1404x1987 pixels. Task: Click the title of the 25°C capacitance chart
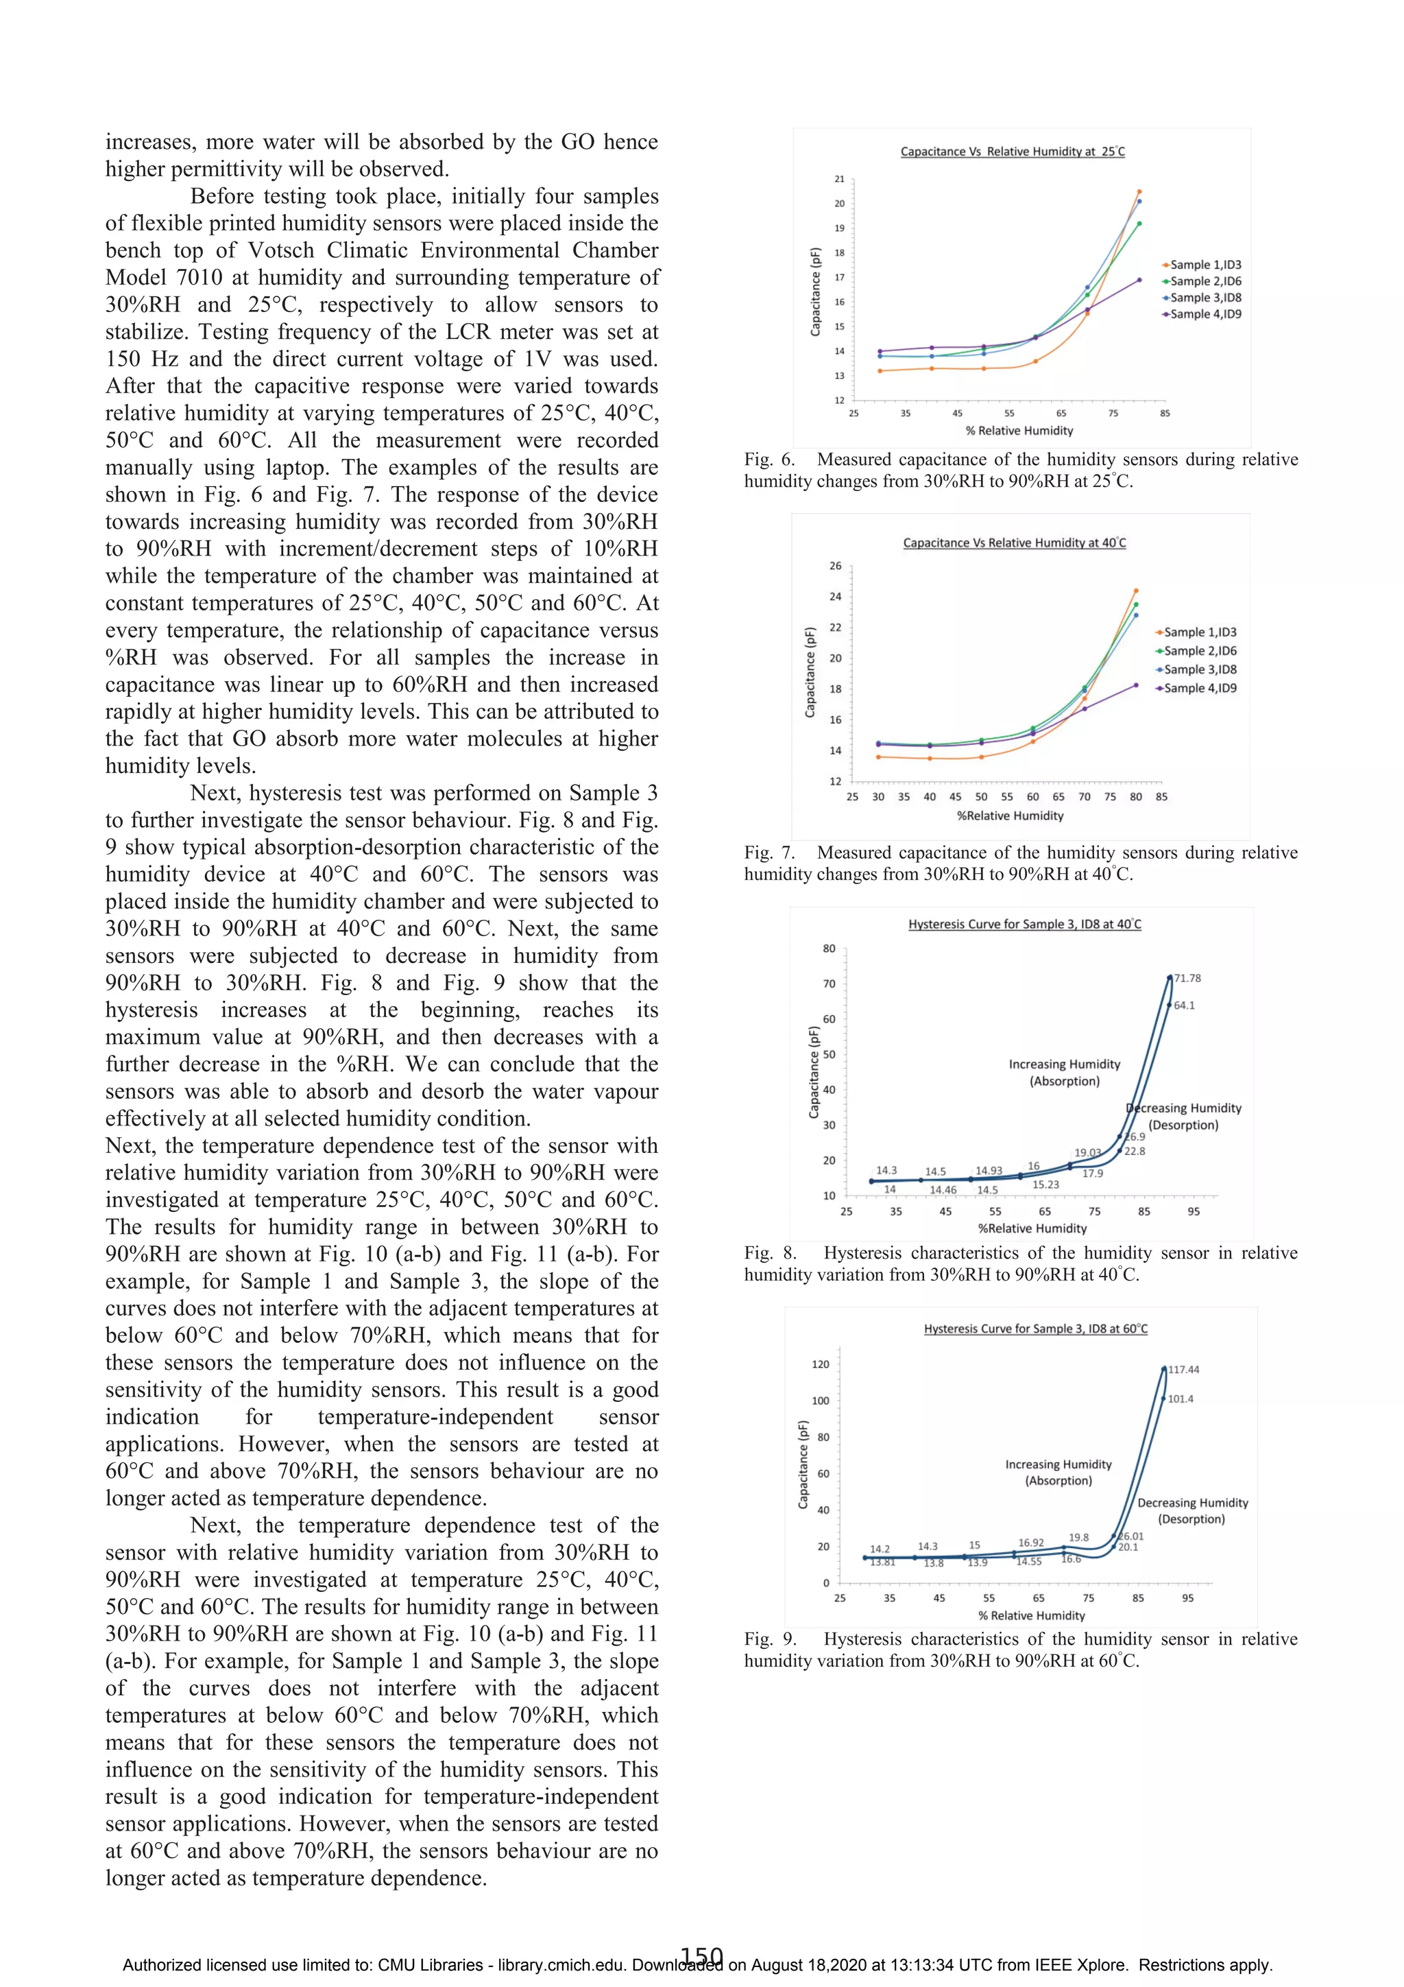(1012, 152)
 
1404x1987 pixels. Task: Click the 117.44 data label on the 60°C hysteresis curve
(1183, 1369)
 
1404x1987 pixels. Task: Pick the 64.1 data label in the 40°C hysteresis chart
(1183, 1005)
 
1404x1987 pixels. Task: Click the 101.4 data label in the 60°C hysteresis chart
(1180, 1399)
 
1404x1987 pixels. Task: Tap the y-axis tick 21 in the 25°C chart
(839, 179)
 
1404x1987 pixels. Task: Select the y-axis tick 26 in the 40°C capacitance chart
(835, 565)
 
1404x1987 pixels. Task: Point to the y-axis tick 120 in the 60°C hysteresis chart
(820, 1364)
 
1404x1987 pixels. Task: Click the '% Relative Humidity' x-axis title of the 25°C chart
(1019, 430)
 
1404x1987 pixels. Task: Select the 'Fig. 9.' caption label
(770, 1639)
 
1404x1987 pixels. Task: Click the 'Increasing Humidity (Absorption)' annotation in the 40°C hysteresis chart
(1064, 1072)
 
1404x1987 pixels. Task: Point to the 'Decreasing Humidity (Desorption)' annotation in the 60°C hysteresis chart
(1192, 1510)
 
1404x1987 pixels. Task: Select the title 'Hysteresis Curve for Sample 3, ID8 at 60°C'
(1035, 1329)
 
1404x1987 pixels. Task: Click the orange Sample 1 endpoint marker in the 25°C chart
(1139, 191)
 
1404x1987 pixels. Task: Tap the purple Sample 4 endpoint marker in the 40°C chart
(1136, 685)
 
